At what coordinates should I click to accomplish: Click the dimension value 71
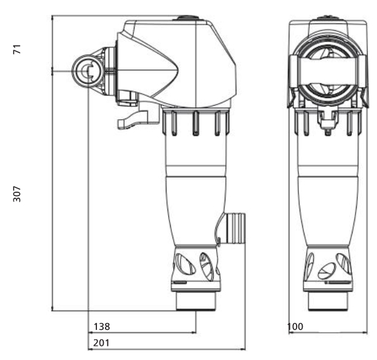[17, 49]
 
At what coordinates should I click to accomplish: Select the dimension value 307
[17, 194]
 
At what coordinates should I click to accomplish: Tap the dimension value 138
[102, 327]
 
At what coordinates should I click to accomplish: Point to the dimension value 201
[101, 343]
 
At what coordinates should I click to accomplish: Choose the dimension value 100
[295, 327]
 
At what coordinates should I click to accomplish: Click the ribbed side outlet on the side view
[235, 228]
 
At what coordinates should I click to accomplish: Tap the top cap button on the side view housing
[187, 18]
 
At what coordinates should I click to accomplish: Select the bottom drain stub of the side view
[196, 301]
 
